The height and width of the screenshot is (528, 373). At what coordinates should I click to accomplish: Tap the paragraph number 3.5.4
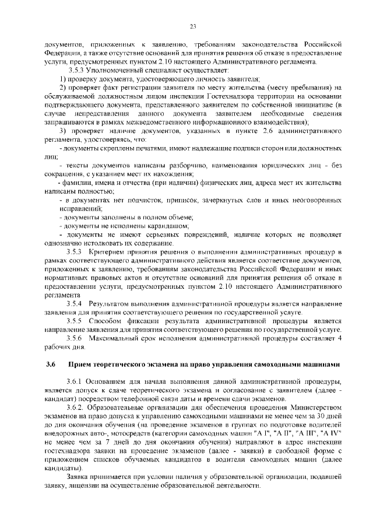pyautogui.click(x=76, y=304)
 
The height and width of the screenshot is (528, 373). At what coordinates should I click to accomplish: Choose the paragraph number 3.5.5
pyautogui.click(x=76, y=321)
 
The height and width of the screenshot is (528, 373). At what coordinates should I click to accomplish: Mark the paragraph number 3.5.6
pyautogui.click(x=76, y=338)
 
